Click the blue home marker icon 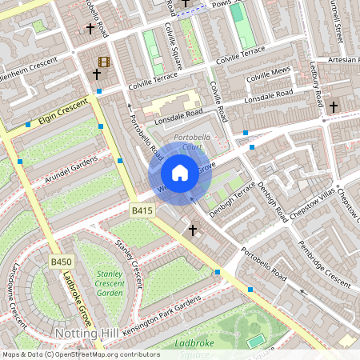pos(180,173)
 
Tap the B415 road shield pos(142,210)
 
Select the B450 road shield pos(61,262)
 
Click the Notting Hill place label pos(86,332)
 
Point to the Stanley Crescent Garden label pos(110,283)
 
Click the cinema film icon pos(103,62)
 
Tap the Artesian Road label pos(338,61)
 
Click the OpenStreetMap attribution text pos(80,354)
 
